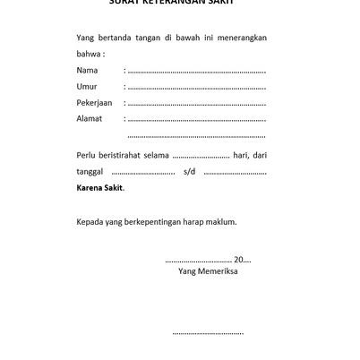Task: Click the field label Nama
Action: pos(87,70)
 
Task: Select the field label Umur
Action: pos(87,86)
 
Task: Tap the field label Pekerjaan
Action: pos(95,102)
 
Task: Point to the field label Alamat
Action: pos(90,118)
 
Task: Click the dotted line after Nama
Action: pos(197,71)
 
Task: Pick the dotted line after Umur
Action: pos(197,87)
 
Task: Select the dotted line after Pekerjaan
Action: pos(197,103)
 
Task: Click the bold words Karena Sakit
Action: pos(100,187)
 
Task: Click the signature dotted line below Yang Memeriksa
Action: pos(208,333)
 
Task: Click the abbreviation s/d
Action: pos(189,171)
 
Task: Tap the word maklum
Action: pos(221,220)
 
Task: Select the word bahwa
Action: pos(90,53)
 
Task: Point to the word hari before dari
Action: pos(239,155)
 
